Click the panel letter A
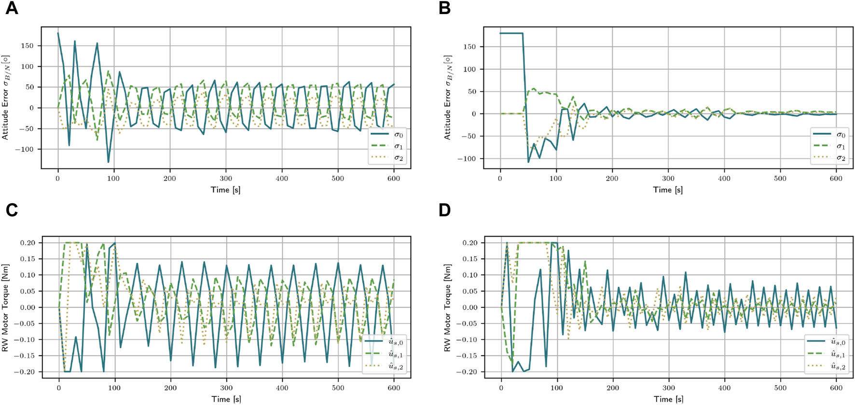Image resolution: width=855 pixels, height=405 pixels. click(12, 9)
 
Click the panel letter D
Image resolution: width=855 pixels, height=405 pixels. click(444, 210)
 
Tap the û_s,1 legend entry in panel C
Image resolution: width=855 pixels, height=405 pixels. click(385, 355)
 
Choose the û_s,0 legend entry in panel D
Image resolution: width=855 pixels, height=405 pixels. click(827, 342)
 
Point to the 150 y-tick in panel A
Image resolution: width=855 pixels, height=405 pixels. click(27, 46)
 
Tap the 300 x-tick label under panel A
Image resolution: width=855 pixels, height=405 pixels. click(226, 179)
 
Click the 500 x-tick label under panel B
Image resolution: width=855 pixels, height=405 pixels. click(780, 179)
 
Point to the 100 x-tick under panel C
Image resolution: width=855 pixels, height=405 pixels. click(114, 388)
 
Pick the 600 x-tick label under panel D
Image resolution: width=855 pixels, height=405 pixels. click(836, 388)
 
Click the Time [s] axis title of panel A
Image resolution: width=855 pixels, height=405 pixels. click(225, 190)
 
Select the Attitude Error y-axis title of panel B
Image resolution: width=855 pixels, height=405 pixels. click(448, 98)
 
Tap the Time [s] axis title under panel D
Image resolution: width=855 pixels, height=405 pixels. click(668, 399)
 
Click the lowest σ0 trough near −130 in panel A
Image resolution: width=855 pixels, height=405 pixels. click(109, 162)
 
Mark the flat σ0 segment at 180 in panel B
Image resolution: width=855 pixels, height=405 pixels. click(511, 33)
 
